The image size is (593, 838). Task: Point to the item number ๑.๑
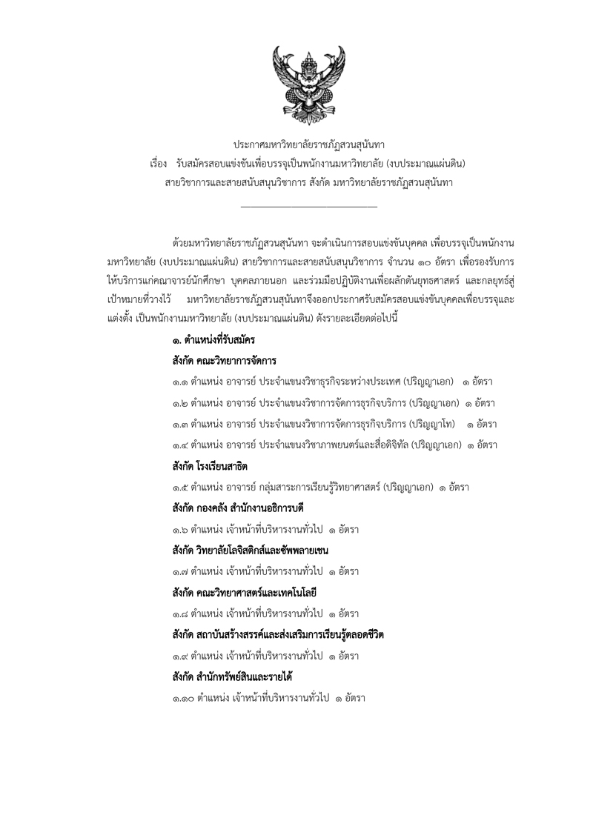(178, 382)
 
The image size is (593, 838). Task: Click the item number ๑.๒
(178, 403)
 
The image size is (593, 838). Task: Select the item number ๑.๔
(178, 445)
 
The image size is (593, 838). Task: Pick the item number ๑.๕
(178, 488)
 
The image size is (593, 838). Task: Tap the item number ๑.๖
(178, 530)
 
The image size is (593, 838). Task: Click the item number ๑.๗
(178, 572)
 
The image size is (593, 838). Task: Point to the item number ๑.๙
(178, 656)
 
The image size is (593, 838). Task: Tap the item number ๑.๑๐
(181, 699)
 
